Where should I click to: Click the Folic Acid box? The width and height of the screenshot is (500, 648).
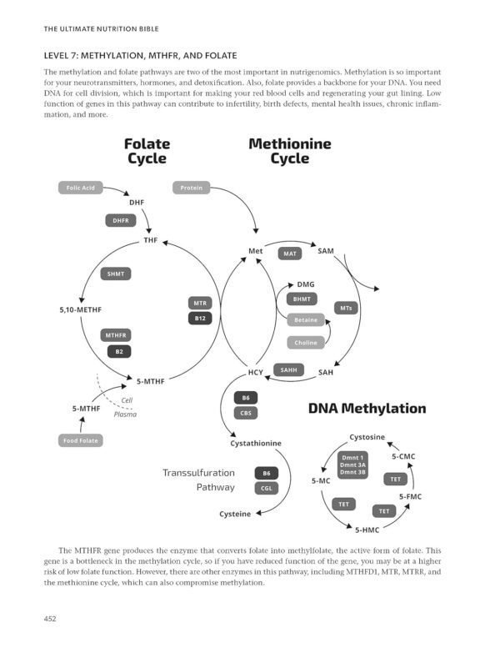(x=81, y=188)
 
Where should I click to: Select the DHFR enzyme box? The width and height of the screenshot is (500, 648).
(x=119, y=220)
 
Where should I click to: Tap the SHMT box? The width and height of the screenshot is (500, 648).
(x=116, y=274)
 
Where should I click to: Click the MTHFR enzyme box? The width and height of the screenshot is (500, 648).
(x=117, y=335)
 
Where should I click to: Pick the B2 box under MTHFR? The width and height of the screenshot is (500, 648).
(x=119, y=351)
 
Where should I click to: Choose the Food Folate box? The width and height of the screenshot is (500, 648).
(x=81, y=440)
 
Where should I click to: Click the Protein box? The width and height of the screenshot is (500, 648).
(x=191, y=188)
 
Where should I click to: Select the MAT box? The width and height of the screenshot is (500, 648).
(x=289, y=254)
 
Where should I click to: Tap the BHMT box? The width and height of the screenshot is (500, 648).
(x=302, y=299)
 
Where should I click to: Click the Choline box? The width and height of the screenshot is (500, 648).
(x=306, y=342)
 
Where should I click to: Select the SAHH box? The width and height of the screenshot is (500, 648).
(x=289, y=369)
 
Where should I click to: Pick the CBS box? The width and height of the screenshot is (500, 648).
(x=246, y=413)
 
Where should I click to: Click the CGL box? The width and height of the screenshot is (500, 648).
(x=267, y=489)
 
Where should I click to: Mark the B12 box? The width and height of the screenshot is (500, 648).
(x=200, y=319)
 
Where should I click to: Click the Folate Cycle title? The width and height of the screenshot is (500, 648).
(x=147, y=151)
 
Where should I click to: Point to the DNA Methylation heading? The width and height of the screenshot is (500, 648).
(x=367, y=409)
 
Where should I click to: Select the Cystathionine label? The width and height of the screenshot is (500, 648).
(x=256, y=443)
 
